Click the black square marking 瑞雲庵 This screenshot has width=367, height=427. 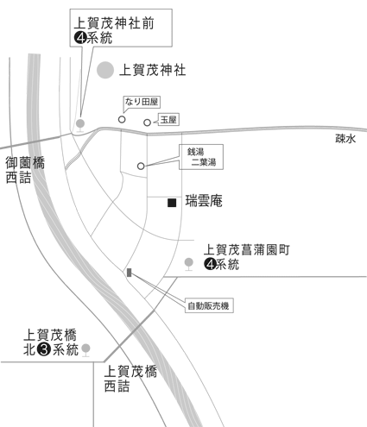172,203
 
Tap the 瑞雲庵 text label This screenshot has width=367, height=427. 204,203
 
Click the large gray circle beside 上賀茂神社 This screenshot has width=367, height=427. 105,70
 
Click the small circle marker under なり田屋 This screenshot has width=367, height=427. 122,120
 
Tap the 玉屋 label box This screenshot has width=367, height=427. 169,122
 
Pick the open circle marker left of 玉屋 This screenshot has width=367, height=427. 147,122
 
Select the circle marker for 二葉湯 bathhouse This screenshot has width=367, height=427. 141,166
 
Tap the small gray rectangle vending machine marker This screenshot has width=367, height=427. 130,273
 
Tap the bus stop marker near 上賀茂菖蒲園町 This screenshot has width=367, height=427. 190,261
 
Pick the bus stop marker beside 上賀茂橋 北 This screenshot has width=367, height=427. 85,349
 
